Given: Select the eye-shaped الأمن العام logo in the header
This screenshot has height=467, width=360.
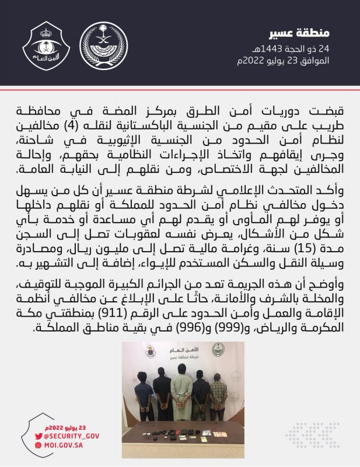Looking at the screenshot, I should [x=46, y=45].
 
